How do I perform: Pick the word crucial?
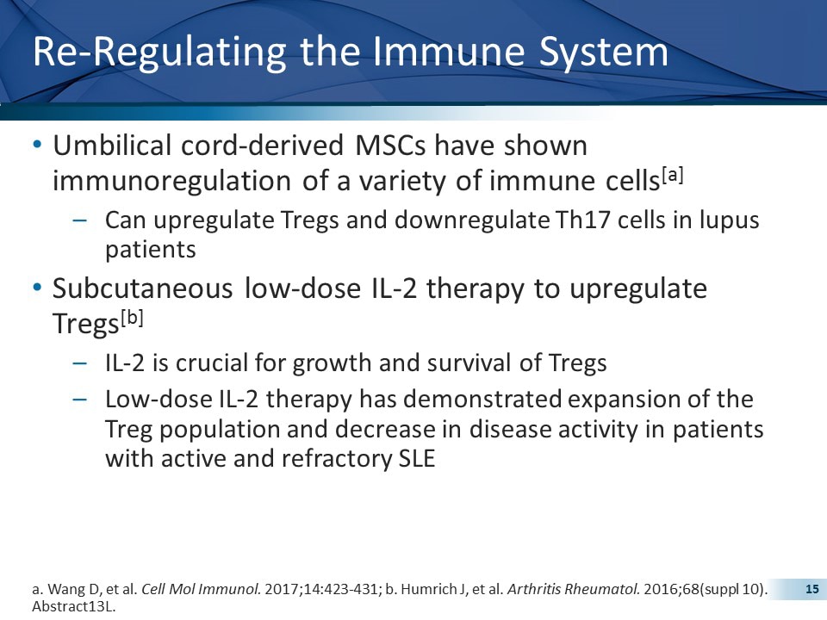tap(204, 363)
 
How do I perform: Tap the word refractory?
tap(339, 459)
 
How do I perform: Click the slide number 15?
tap(811, 589)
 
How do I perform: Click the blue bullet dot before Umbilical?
tap(36, 146)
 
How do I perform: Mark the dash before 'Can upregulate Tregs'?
tap(80, 220)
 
